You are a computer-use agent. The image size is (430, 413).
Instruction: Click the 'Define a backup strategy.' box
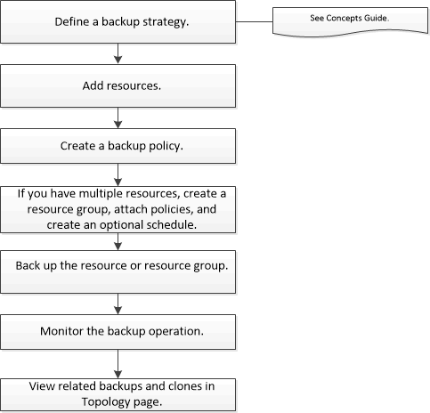118,22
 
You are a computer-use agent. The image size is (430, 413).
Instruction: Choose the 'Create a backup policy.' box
118,146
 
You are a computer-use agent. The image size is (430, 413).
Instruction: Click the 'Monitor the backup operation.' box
118,328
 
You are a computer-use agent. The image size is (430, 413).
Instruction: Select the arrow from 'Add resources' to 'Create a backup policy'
118,118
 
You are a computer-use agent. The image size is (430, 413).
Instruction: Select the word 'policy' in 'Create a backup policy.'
165,146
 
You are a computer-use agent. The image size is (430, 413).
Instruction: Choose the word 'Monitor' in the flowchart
63,328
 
